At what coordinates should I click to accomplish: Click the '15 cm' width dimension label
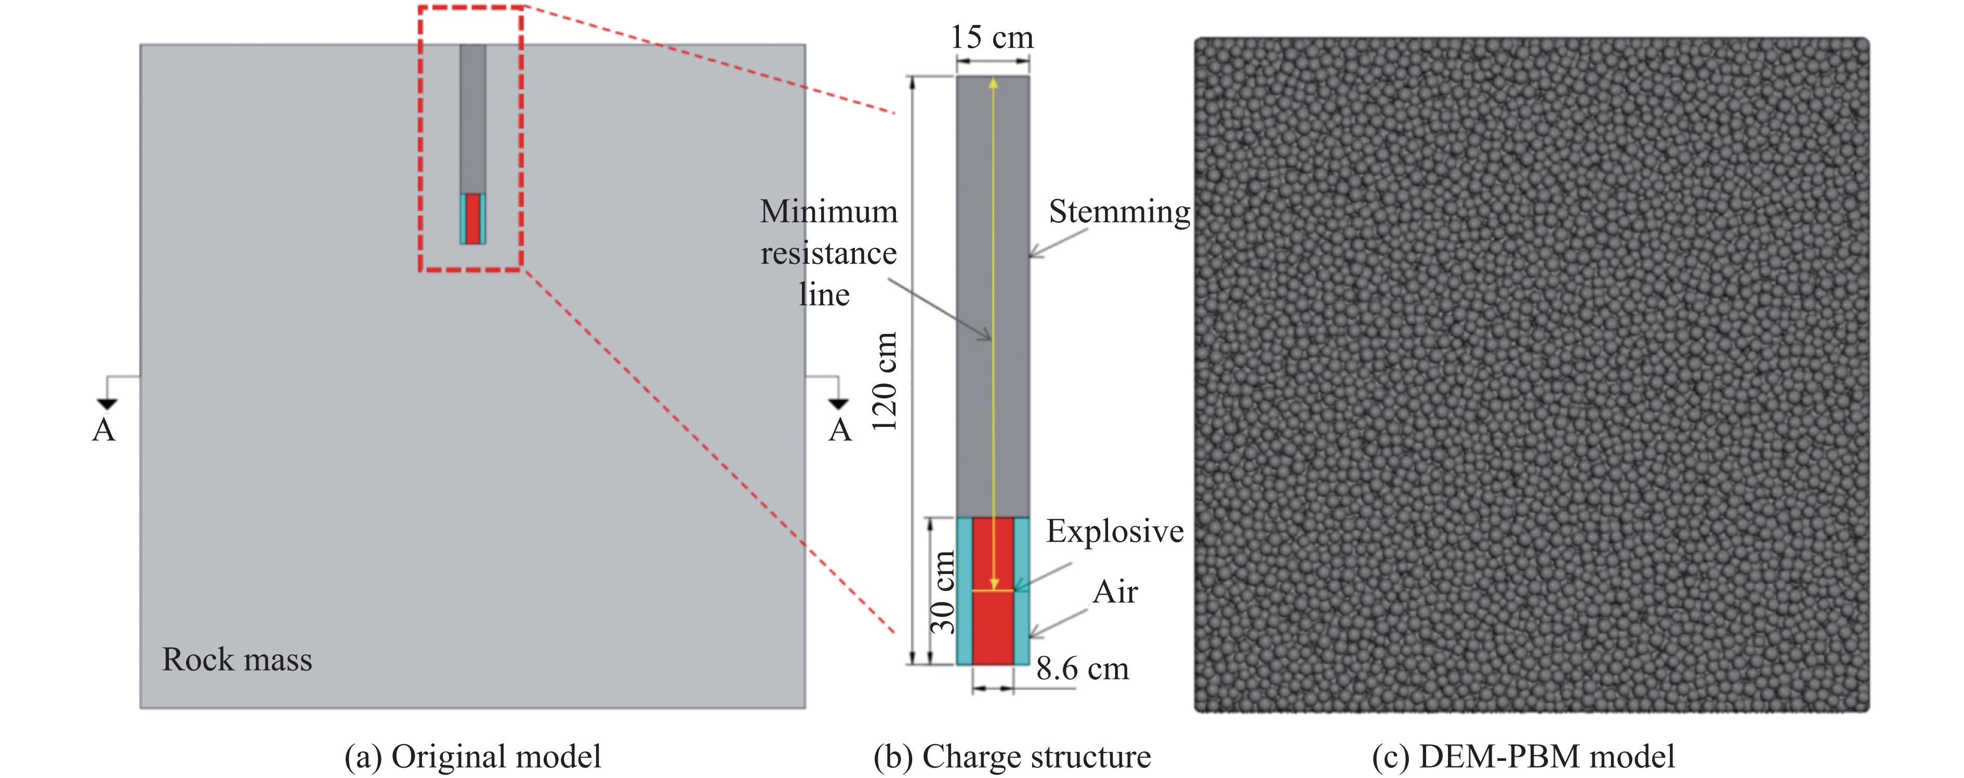pos(991,37)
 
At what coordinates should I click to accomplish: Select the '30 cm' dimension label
pos(943,592)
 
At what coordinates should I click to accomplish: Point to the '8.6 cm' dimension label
pos(1082,669)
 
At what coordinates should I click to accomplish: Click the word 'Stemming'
pos(1118,212)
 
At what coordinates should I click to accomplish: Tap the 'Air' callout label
pos(1115,592)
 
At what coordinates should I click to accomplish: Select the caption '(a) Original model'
pos(473,757)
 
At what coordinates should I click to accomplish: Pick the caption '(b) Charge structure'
pos(1012,757)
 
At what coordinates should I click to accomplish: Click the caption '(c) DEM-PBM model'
pos(1523,757)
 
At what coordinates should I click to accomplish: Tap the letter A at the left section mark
pos(104,431)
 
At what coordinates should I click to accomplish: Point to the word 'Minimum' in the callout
pos(829,212)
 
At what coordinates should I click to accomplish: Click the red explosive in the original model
pos(473,219)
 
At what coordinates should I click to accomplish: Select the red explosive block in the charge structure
pos(993,625)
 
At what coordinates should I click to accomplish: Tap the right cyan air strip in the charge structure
pos(1022,591)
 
